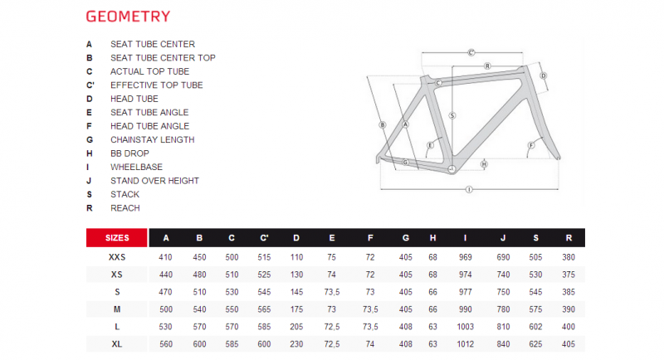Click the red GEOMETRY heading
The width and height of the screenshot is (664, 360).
[128, 17]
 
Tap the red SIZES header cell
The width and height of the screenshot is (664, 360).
[117, 238]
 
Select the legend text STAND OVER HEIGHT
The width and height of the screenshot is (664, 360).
[154, 181]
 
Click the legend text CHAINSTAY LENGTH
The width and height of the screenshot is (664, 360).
[153, 139]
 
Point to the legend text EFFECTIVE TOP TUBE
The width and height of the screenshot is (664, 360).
[157, 85]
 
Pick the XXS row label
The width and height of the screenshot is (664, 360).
[117, 257]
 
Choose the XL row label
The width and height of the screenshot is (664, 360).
[117, 344]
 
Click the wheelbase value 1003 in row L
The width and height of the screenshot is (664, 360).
[465, 327]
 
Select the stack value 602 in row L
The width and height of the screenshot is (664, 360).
[535, 327]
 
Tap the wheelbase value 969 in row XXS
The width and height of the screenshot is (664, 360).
[465, 257]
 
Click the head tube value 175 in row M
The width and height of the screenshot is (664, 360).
[296, 309]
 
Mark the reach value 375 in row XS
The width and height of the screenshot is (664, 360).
[569, 275]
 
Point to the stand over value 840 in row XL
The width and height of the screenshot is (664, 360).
[503, 344]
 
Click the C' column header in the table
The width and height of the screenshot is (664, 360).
[264, 238]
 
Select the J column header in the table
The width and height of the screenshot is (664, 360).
[503, 238]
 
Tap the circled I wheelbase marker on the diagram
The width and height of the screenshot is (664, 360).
[469, 189]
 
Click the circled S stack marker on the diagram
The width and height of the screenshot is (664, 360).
[452, 115]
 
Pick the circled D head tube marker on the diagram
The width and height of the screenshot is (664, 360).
[544, 75]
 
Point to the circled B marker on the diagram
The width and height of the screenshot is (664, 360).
[383, 124]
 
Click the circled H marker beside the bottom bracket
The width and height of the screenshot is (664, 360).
[484, 164]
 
